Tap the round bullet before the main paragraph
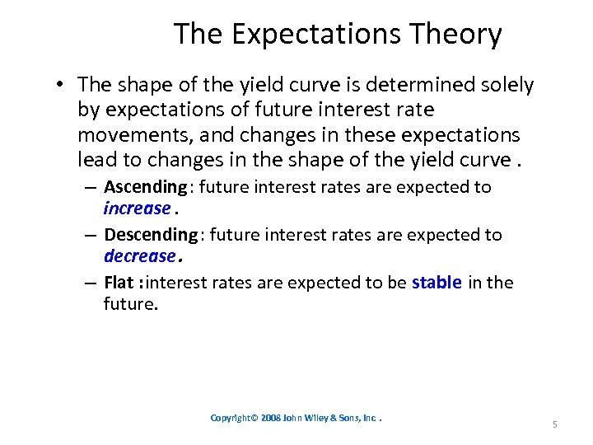point(62,86)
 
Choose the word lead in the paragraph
point(93,159)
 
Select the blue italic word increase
point(137,208)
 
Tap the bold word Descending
point(151,235)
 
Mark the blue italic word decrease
point(140,256)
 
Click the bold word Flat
point(119,283)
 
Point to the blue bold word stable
point(437,283)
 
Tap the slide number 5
point(554,424)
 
